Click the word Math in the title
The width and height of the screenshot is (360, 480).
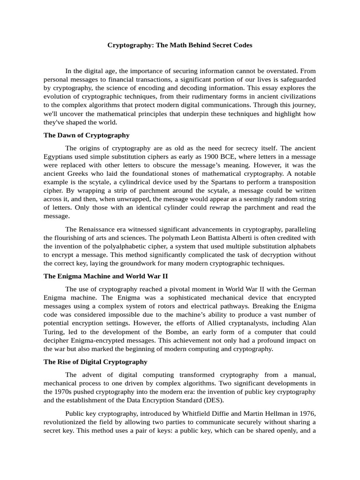click(172, 45)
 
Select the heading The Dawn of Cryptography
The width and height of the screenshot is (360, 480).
click(86, 135)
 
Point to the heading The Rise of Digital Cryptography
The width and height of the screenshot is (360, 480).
click(95, 362)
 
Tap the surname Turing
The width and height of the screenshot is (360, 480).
click(55, 332)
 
